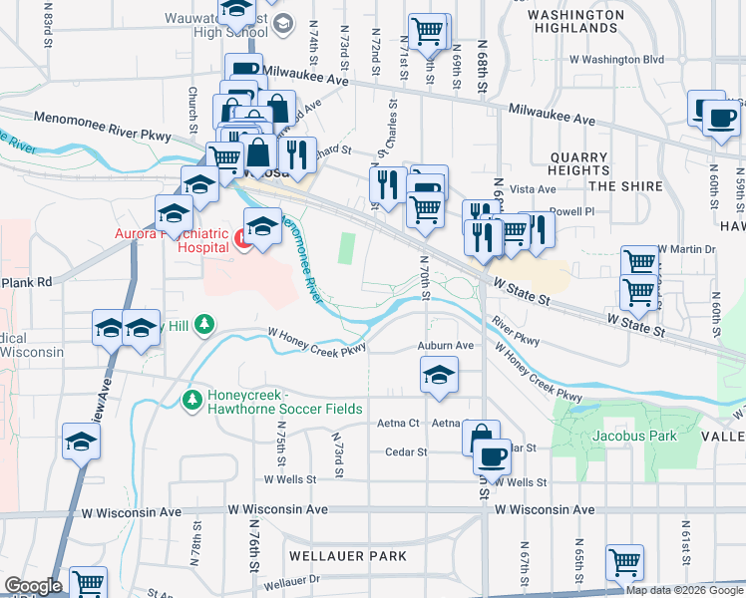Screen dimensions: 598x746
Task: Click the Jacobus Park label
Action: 634,436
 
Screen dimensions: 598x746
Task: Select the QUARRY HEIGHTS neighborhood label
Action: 578,163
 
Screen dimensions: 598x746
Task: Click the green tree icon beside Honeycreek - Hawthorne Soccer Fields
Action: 192,400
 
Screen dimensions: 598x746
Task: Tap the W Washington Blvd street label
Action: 616,60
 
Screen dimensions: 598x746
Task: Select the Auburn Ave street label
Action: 446,346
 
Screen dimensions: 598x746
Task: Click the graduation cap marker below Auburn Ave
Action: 439,376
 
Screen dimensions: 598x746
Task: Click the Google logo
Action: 33,586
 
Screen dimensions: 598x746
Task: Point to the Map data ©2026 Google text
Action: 685,590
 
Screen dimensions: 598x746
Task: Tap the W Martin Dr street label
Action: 687,249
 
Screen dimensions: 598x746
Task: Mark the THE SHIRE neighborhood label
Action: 625,186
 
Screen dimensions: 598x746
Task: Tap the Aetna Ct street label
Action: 399,424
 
